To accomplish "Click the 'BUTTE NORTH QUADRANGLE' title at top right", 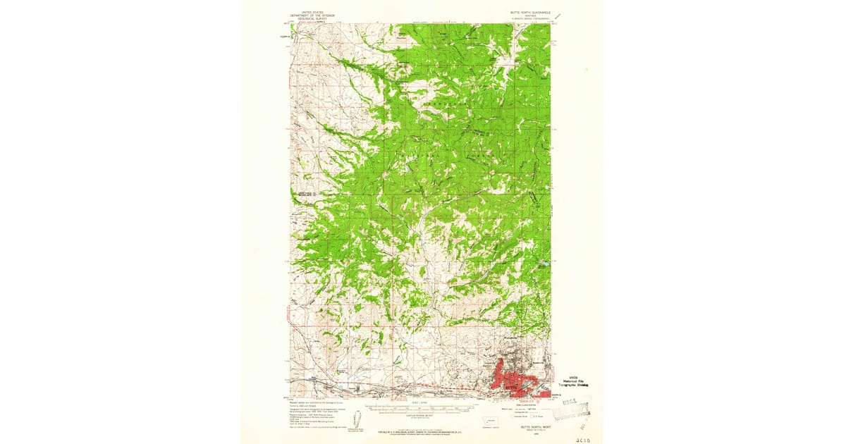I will [x=525, y=13].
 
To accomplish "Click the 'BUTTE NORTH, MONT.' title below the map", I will [x=526, y=427].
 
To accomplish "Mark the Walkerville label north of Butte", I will [x=512, y=341].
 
